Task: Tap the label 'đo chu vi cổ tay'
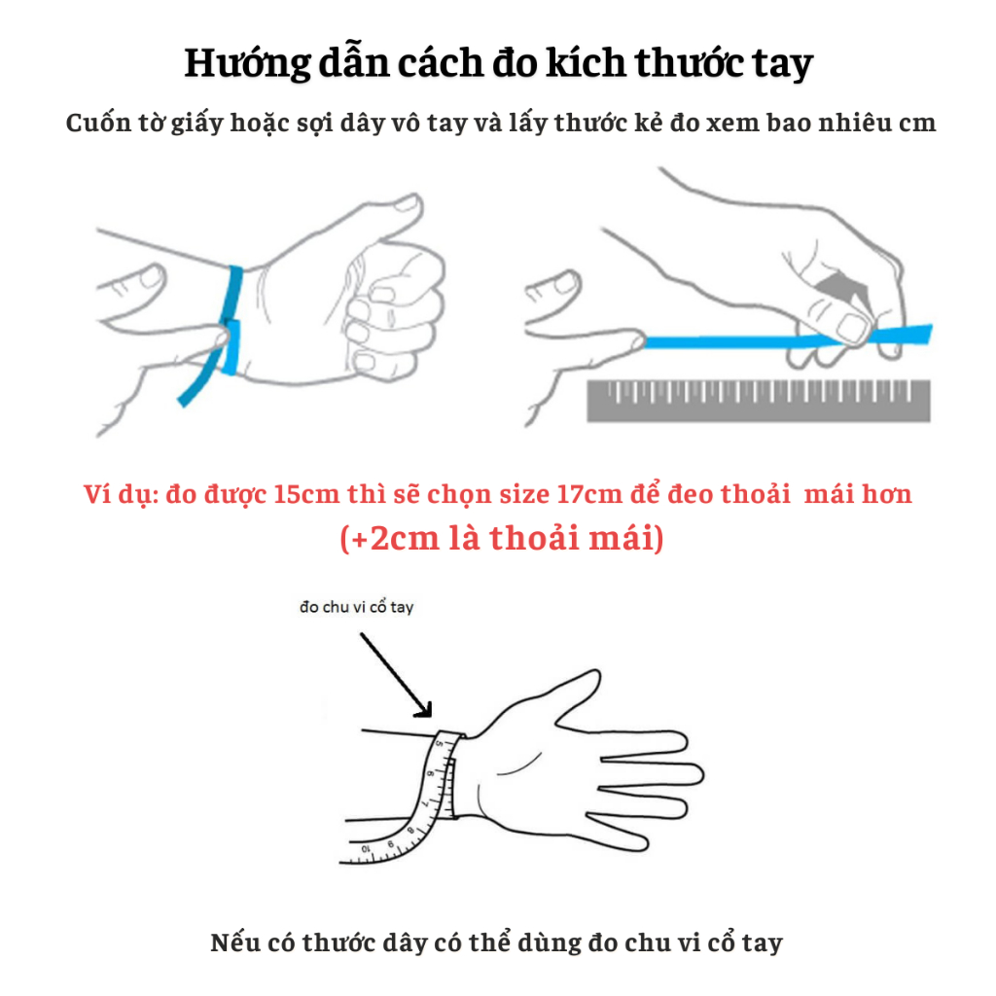coord(356,608)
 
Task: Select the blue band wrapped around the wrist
coord(234,292)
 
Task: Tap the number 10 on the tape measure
coord(367,848)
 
